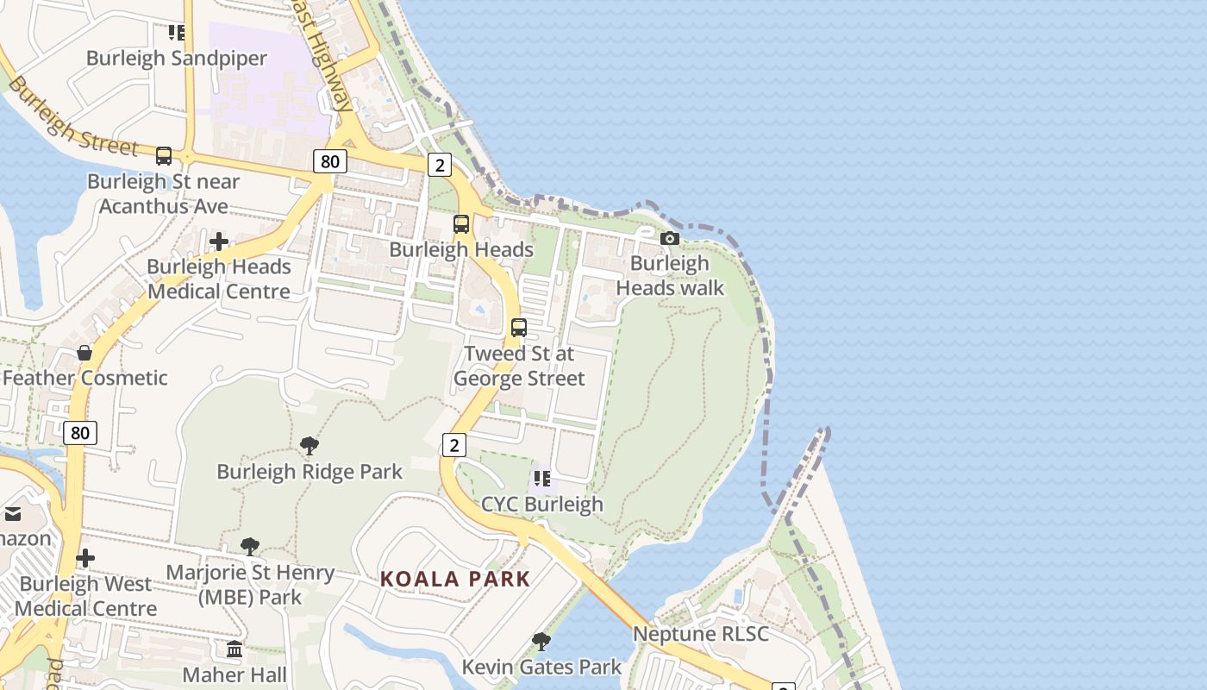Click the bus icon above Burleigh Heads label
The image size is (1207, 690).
pos(461,224)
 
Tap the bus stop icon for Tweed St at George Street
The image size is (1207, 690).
pos(518,328)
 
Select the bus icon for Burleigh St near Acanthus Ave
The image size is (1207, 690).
pos(163,156)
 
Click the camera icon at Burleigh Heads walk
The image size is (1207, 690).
pos(669,238)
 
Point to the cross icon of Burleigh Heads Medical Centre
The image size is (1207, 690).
pos(219,241)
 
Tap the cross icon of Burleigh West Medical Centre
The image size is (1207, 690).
pos(85,558)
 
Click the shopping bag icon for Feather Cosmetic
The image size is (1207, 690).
pos(84,352)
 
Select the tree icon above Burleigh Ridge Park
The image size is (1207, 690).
pos(309,446)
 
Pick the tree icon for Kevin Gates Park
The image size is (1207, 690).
pos(541,641)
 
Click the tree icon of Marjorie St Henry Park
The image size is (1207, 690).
pos(250,546)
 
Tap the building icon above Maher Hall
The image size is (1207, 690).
pos(235,649)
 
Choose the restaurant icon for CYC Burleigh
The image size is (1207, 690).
pos(541,478)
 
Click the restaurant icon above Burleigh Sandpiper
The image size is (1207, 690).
pos(176,33)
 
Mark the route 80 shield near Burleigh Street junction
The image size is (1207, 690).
pos(329,161)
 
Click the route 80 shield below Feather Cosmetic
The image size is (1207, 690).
pos(79,432)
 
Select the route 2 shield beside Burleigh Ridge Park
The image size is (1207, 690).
pos(453,445)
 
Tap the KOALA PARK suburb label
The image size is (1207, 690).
pos(455,579)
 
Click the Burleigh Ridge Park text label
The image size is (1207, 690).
pos(309,472)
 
